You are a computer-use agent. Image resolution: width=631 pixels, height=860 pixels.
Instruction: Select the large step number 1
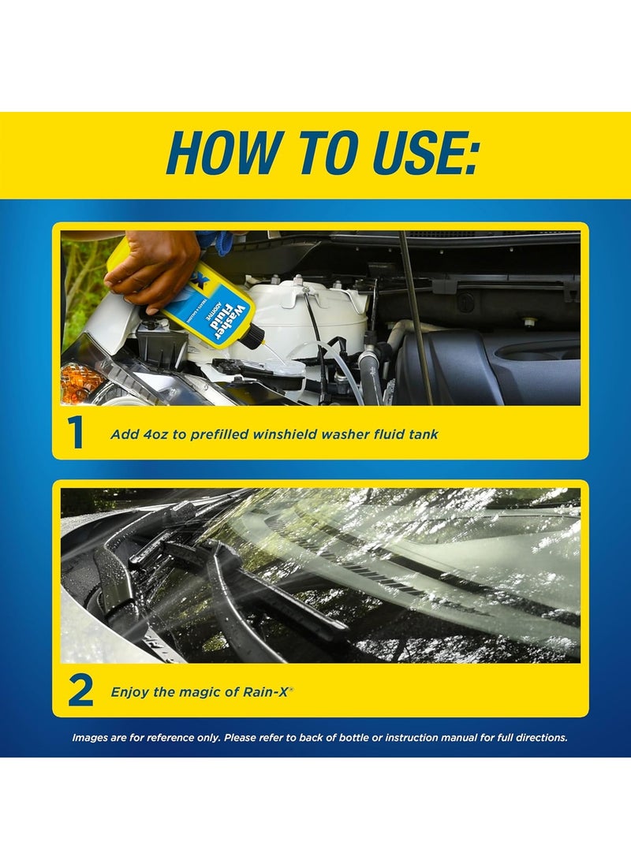77,433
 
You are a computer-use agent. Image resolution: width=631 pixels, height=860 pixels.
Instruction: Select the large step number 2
80,691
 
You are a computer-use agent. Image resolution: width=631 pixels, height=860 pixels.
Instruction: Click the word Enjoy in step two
129,691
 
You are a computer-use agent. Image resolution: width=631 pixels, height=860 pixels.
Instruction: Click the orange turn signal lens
80,382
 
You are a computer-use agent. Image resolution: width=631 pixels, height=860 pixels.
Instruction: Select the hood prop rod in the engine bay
414,315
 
